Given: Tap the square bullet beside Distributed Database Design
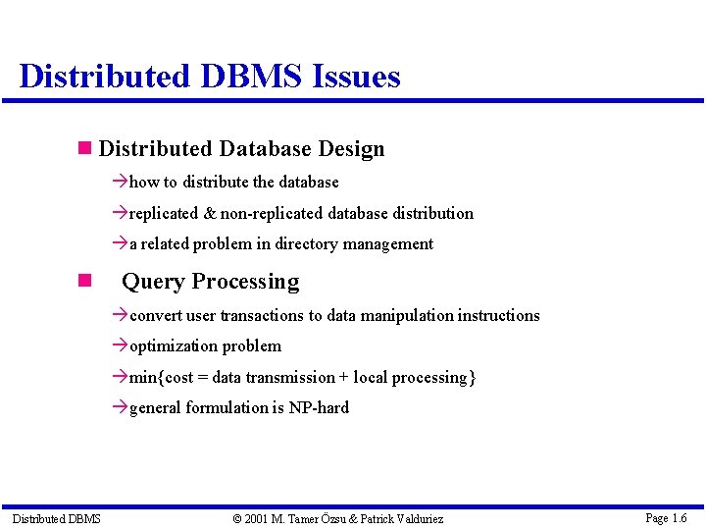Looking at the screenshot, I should (x=84, y=149).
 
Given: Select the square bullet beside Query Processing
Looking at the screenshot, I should (x=84, y=282).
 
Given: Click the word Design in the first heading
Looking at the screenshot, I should (x=351, y=149).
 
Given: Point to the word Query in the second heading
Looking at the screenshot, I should (x=150, y=282).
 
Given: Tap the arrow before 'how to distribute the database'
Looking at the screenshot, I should (x=121, y=182).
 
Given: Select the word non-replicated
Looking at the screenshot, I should (x=272, y=213).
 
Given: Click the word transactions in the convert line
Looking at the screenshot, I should (x=262, y=315).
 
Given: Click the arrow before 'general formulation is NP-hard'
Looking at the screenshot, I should (x=121, y=407).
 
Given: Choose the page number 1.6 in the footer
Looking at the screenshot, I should (x=679, y=517).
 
